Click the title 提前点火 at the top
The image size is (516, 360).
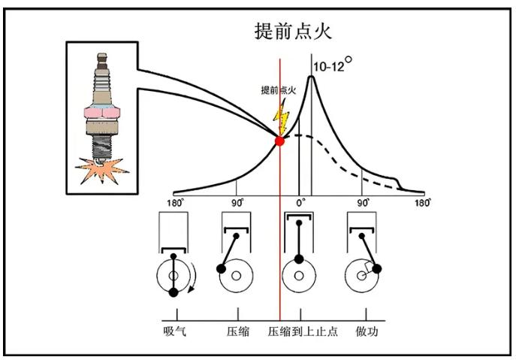click(293, 32)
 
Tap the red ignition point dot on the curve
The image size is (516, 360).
click(280, 141)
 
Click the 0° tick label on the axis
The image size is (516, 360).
click(300, 203)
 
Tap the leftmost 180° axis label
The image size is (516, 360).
click(174, 203)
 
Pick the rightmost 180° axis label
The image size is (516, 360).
click(423, 203)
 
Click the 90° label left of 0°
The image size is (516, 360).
click(237, 203)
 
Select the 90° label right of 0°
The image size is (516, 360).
click(363, 203)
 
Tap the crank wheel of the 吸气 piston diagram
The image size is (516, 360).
click(174, 277)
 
